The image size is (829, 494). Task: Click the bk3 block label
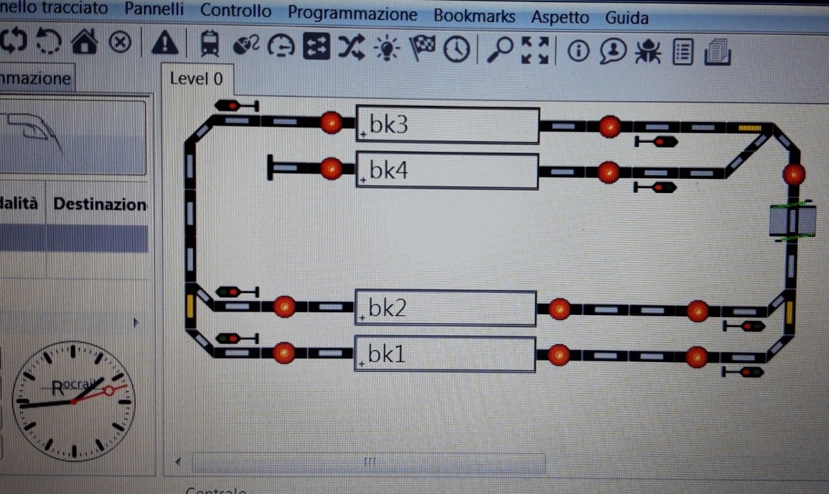point(388,126)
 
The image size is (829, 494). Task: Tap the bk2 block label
point(388,308)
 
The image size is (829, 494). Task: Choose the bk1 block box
point(444,353)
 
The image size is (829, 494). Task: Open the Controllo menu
point(236,11)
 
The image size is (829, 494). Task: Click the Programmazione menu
point(353,13)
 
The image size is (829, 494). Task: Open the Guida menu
point(627,18)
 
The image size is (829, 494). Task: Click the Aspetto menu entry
point(560,17)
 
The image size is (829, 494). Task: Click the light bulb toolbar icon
point(388,47)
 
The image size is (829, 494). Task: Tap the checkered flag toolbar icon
point(423,48)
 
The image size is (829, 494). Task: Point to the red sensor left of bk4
point(331,169)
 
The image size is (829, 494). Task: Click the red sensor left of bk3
point(331,123)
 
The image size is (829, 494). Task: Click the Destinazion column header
point(99,205)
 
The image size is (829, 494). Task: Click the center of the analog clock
point(72,402)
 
